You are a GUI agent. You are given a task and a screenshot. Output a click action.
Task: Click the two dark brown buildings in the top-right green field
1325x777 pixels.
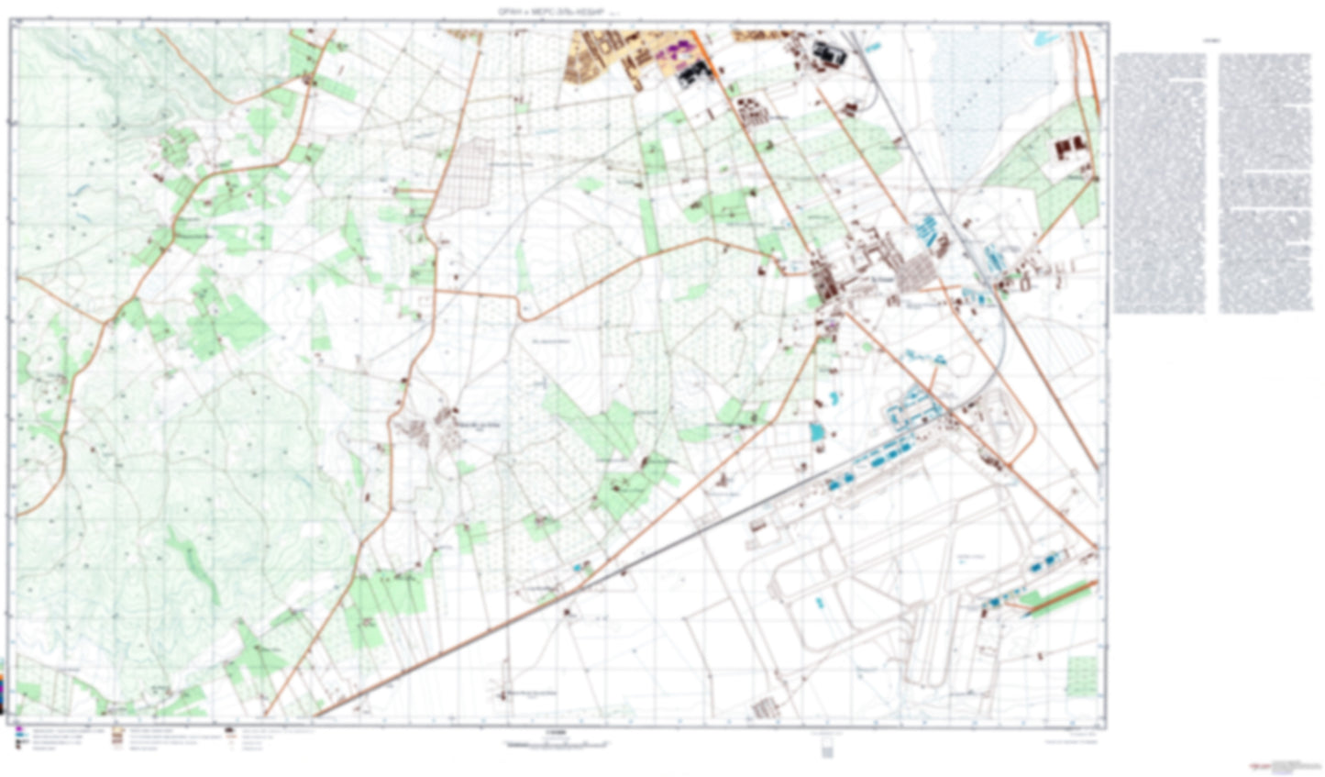coord(1070,146)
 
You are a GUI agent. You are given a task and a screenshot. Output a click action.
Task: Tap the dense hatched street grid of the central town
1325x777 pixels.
coord(913,270)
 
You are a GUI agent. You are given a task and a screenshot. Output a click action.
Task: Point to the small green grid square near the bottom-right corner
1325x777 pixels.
coord(1082,674)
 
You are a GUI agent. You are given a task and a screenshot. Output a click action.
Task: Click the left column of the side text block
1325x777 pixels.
coord(1159,183)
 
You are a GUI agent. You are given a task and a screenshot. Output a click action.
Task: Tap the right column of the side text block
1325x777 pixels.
coord(1265,183)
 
